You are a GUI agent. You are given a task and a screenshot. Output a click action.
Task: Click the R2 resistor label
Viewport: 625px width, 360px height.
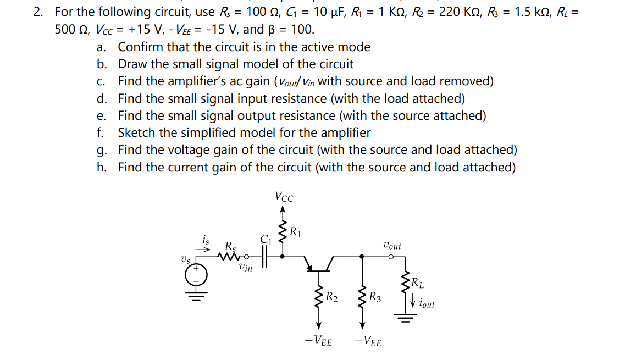331,298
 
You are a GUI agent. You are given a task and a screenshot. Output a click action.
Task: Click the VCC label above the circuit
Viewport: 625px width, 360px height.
284,197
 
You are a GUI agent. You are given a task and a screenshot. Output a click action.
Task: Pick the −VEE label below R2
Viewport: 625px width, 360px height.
318,341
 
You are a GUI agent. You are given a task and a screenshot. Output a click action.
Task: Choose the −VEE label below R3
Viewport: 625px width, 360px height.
368,341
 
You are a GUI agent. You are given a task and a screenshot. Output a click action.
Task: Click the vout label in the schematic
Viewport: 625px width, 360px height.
391,246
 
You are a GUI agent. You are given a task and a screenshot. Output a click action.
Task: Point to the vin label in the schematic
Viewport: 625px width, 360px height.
246,268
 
